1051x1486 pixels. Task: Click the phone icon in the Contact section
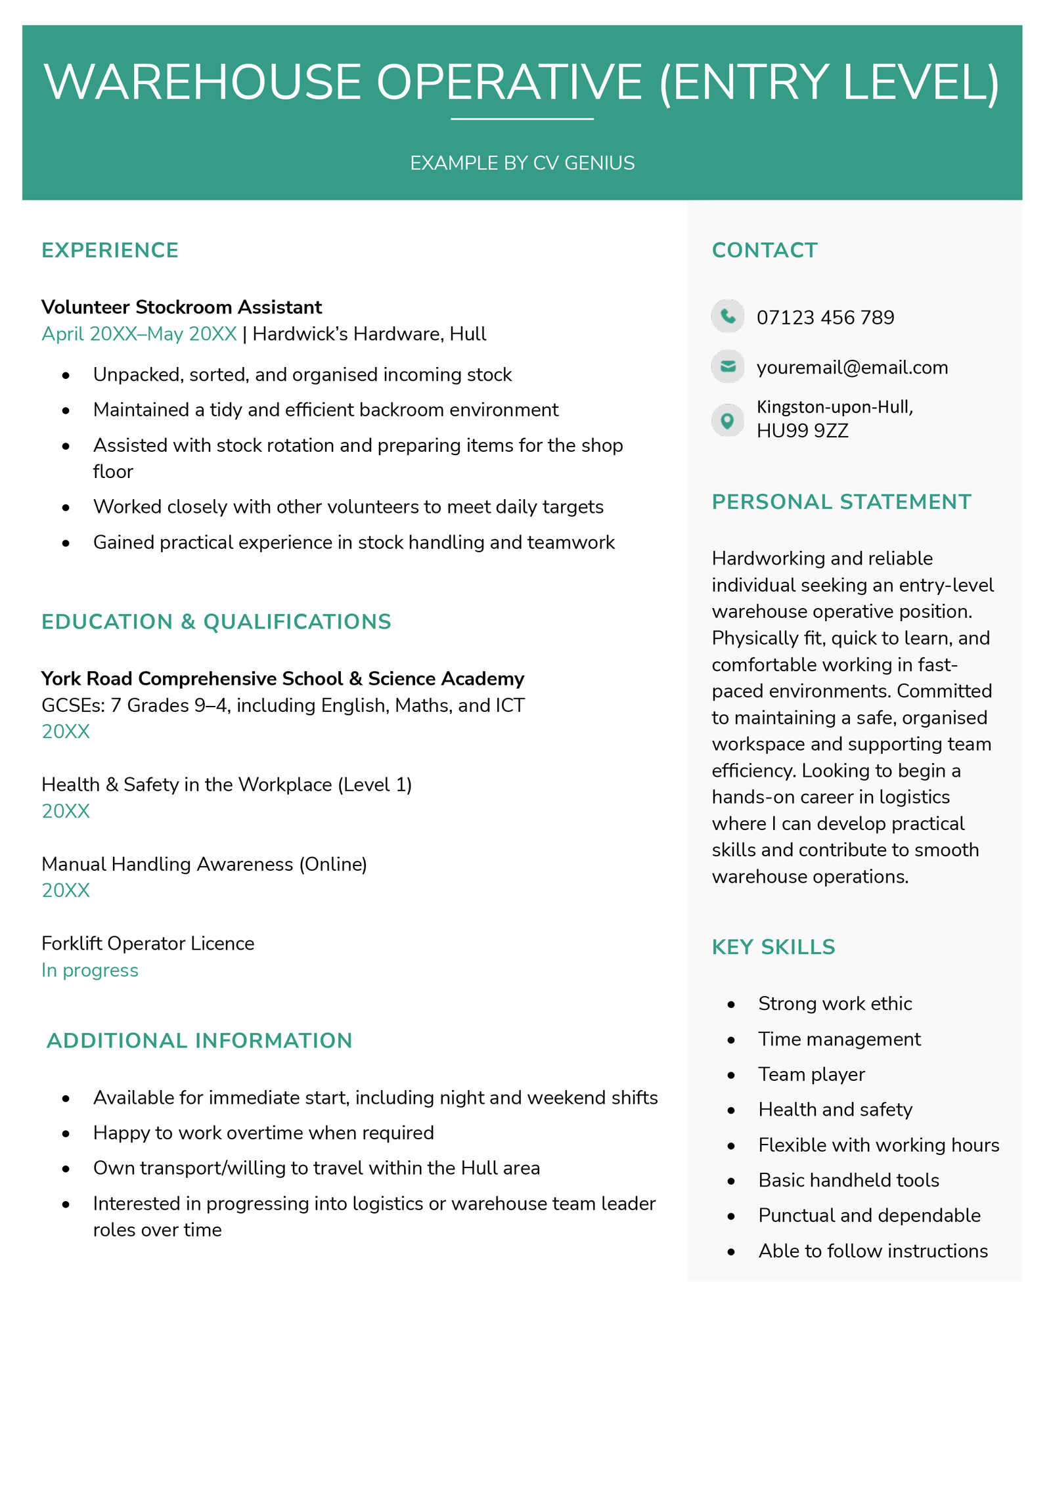[x=727, y=316]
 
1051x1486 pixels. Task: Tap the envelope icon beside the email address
[x=727, y=366]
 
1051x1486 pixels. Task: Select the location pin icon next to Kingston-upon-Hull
[x=727, y=420]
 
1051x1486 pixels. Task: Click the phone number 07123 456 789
[x=825, y=318]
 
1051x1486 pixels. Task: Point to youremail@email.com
[x=852, y=367]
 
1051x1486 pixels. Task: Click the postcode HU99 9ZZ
[x=802, y=431]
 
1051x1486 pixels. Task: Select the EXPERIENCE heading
[x=110, y=250]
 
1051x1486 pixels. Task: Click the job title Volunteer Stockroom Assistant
[x=181, y=307]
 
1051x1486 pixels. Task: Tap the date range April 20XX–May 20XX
[x=139, y=334]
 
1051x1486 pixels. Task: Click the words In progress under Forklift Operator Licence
[x=90, y=970]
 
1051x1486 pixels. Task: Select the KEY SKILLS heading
[x=773, y=947]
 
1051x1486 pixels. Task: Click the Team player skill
[x=811, y=1074]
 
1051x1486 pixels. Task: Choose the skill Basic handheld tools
[x=849, y=1180]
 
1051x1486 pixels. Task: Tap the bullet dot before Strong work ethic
[x=731, y=1005]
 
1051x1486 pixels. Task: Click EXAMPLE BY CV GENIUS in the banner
[x=522, y=163]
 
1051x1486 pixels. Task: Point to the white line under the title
[x=522, y=119]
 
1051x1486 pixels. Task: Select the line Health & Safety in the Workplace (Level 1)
[x=227, y=785]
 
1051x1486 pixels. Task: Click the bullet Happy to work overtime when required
[x=263, y=1133]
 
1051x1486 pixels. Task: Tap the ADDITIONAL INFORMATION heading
[x=199, y=1041]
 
